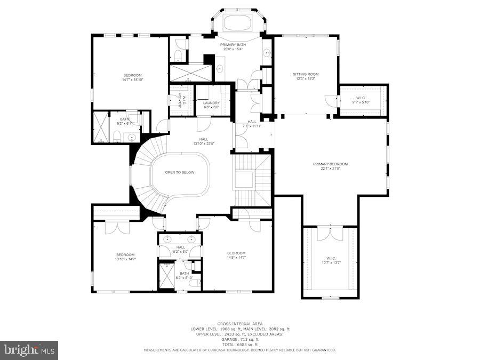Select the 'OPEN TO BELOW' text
pos(180,172)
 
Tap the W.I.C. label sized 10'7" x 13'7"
pos(331,260)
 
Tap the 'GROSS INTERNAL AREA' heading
pos(239,324)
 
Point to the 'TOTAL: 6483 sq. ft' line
pos(239,344)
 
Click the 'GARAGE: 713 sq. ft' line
pos(239,339)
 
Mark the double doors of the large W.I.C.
pos(330,233)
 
